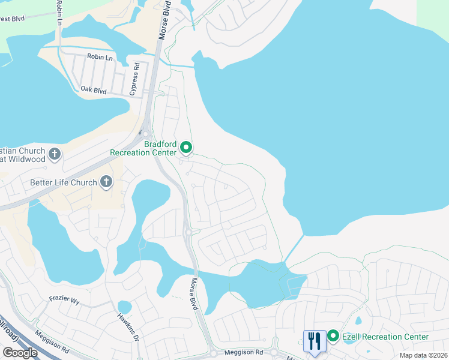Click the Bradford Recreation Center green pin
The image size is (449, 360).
click(186, 147)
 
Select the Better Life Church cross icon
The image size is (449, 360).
click(106, 181)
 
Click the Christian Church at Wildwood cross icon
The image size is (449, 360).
click(54, 154)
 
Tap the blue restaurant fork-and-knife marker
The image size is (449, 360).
click(315, 341)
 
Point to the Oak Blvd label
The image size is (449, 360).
click(93, 89)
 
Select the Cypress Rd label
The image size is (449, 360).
click(135, 79)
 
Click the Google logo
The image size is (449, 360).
click(20, 353)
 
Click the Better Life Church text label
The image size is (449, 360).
click(64, 182)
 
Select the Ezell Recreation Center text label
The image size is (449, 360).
click(385, 337)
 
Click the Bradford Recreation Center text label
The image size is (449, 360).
click(145, 148)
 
